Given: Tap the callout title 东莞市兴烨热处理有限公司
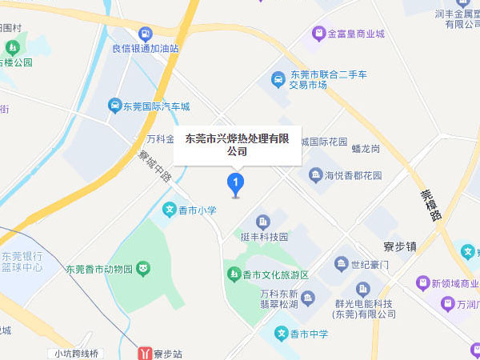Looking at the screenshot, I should (237, 144).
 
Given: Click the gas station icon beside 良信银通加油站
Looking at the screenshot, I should (145, 34).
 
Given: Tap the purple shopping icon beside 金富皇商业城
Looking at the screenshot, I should (318, 34).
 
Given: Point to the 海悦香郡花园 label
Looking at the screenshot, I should (353, 175).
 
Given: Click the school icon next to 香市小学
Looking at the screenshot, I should (170, 210).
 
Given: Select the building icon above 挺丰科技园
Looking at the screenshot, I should (262, 222).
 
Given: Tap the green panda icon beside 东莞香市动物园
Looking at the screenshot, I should (142, 269).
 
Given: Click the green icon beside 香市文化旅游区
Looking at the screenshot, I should (234, 275).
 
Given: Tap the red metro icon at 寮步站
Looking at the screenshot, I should (145, 352).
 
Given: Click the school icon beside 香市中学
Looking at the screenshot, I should (281, 333).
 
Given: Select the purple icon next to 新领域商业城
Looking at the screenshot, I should (422, 283).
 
